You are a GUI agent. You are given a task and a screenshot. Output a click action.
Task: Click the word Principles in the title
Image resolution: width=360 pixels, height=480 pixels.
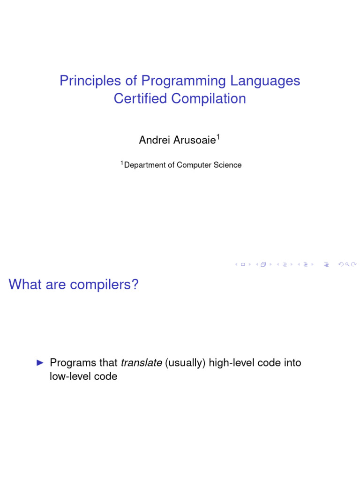pyautogui.click(x=90, y=81)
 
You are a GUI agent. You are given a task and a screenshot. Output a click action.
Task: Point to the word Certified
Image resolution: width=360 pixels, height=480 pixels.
pyautogui.click(x=140, y=98)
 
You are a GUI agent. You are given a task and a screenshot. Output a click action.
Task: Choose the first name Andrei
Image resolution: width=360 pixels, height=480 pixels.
pyautogui.click(x=154, y=140)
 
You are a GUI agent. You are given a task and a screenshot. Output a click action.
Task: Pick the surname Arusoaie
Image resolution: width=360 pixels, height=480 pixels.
pyautogui.click(x=195, y=140)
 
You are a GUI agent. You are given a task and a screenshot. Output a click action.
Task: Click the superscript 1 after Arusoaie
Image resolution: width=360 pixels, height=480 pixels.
pyautogui.click(x=218, y=137)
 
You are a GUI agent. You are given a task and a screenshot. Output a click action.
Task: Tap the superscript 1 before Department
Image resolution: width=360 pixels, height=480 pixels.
pyautogui.click(x=122, y=163)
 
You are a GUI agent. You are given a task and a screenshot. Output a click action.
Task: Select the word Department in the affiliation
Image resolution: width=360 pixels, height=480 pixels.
pyautogui.click(x=144, y=165)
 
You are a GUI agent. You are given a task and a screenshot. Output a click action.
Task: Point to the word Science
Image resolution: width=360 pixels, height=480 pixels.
pyautogui.click(x=227, y=165)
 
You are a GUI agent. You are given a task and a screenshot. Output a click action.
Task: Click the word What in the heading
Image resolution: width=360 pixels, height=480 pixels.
pyautogui.click(x=25, y=284)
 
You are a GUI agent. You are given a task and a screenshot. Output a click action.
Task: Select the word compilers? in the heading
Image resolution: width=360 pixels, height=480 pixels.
pyautogui.click(x=104, y=285)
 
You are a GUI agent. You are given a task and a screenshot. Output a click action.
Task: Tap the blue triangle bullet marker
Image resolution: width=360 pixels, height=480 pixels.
pyautogui.click(x=40, y=363)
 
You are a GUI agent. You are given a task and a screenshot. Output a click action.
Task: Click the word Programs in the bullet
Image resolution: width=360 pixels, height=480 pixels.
pyautogui.click(x=73, y=363)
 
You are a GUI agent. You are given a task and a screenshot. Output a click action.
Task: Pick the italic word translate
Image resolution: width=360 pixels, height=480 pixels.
pyautogui.click(x=142, y=362)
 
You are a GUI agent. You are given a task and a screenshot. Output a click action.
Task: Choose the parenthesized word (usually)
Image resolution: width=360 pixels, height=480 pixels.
pyautogui.click(x=185, y=363)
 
